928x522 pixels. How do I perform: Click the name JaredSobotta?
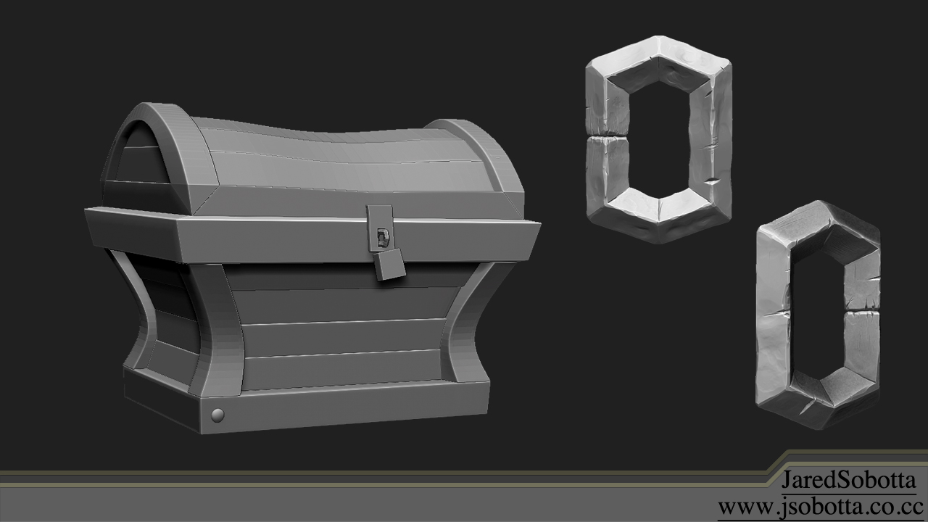pos(848,480)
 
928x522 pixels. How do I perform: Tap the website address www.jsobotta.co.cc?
pos(819,505)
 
